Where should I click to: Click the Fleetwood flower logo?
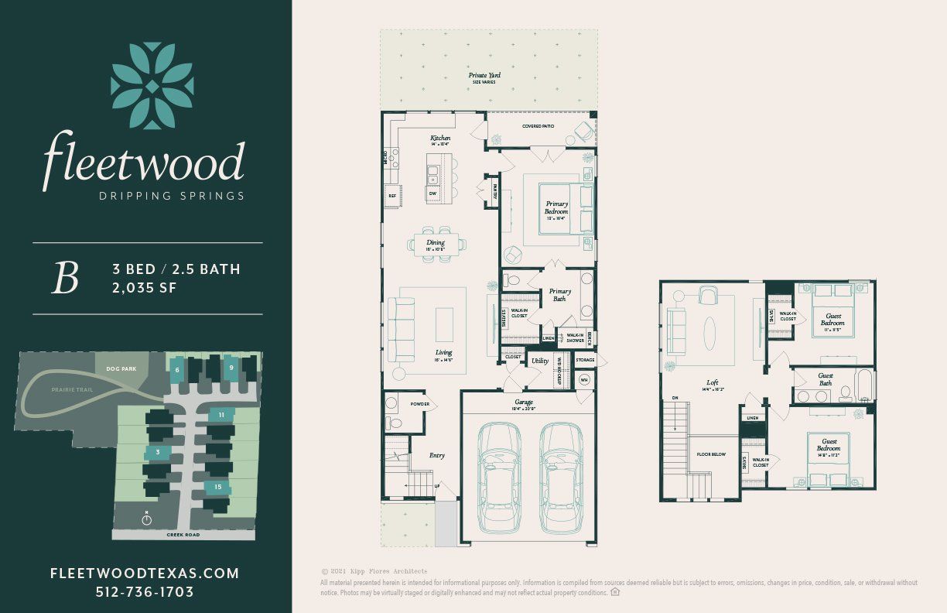point(152,86)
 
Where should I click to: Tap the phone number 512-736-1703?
point(144,592)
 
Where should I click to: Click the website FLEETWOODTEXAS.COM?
point(144,574)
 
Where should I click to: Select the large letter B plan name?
point(65,279)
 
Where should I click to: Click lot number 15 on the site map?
point(218,487)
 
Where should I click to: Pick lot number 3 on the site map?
point(158,452)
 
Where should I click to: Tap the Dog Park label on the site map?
point(122,369)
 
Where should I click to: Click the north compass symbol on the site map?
point(147,519)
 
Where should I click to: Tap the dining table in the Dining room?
point(437,244)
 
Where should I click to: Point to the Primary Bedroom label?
point(556,207)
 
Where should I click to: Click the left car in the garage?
point(499,478)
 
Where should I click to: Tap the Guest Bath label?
point(826,379)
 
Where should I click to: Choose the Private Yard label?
point(484,76)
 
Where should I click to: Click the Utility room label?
point(539,361)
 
